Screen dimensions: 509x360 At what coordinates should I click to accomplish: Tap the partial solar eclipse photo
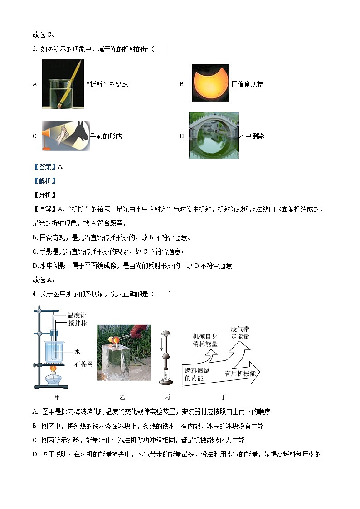210,83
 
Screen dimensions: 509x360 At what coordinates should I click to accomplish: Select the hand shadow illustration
66,136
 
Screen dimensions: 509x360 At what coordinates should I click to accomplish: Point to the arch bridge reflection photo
214,136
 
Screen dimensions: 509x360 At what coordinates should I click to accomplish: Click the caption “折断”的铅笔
107,84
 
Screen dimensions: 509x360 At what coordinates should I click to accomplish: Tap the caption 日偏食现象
247,84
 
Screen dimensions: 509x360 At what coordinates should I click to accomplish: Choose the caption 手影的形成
106,136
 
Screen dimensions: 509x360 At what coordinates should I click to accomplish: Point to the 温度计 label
77,315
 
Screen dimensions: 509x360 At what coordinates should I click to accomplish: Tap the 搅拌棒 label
77,323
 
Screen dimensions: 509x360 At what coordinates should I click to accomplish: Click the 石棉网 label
83,364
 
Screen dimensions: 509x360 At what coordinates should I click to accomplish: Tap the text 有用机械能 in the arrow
240,373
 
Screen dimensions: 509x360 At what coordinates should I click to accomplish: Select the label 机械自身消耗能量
205,340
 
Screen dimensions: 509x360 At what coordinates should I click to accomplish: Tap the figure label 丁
223,398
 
